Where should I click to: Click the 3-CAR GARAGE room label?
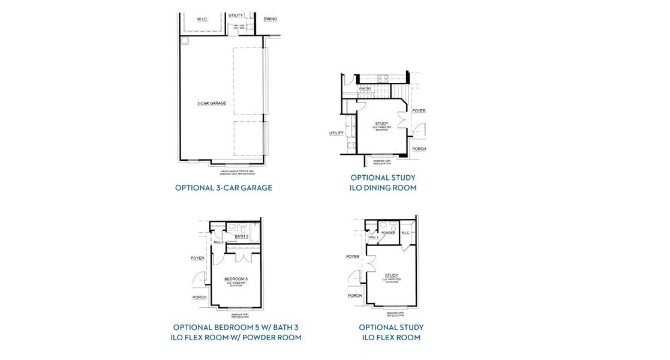[x=212, y=104]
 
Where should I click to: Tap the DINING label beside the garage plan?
[x=270, y=19]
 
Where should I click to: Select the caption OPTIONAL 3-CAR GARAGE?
[x=223, y=188]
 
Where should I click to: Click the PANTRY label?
[x=365, y=89]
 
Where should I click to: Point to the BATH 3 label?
[x=241, y=236]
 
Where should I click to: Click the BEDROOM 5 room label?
[x=236, y=279]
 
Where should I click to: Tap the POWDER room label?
[x=388, y=232]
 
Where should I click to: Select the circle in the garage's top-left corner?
[x=185, y=41]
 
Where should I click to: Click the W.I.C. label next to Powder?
[x=405, y=232]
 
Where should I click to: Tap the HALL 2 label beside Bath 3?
[x=218, y=242]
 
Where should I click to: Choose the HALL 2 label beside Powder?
[x=373, y=238]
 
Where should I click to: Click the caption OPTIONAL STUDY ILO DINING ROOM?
[x=383, y=182]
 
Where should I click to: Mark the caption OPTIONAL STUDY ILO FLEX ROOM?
[x=391, y=332]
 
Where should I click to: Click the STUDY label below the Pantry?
[x=381, y=124]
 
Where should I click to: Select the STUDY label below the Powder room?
[x=391, y=275]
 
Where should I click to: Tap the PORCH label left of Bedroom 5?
[x=199, y=297]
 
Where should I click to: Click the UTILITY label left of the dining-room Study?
[x=336, y=133]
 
